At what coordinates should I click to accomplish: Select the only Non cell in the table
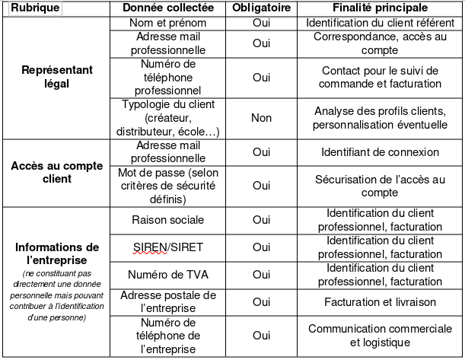[261, 118]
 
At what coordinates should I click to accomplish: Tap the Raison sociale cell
[167, 220]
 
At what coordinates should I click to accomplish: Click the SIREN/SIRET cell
[167, 247]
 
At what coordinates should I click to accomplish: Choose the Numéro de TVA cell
[167, 274]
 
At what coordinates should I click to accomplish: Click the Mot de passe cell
[167, 185]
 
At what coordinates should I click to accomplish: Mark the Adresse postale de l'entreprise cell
[167, 302]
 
